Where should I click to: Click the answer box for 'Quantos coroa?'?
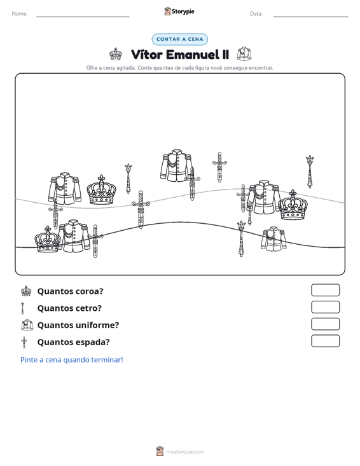(325, 290)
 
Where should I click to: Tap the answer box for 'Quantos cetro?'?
(325, 307)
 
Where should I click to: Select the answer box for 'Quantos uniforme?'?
(325, 324)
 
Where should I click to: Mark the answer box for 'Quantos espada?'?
(325, 341)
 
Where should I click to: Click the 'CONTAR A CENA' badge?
(179, 39)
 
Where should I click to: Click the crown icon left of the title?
(115, 54)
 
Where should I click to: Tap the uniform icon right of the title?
(244, 54)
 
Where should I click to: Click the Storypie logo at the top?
(179, 11)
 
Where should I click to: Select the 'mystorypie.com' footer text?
(184, 452)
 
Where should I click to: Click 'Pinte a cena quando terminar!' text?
(72, 360)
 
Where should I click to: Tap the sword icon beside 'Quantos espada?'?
(24, 342)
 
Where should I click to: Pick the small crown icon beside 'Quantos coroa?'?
(26, 291)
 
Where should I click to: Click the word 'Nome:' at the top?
(20, 14)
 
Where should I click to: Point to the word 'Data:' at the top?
(256, 14)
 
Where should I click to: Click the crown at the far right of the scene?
(293, 205)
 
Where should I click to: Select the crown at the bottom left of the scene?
(48, 239)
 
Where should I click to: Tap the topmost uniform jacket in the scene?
(177, 165)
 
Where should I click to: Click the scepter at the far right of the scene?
(310, 172)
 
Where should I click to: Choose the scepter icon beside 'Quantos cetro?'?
(22, 308)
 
